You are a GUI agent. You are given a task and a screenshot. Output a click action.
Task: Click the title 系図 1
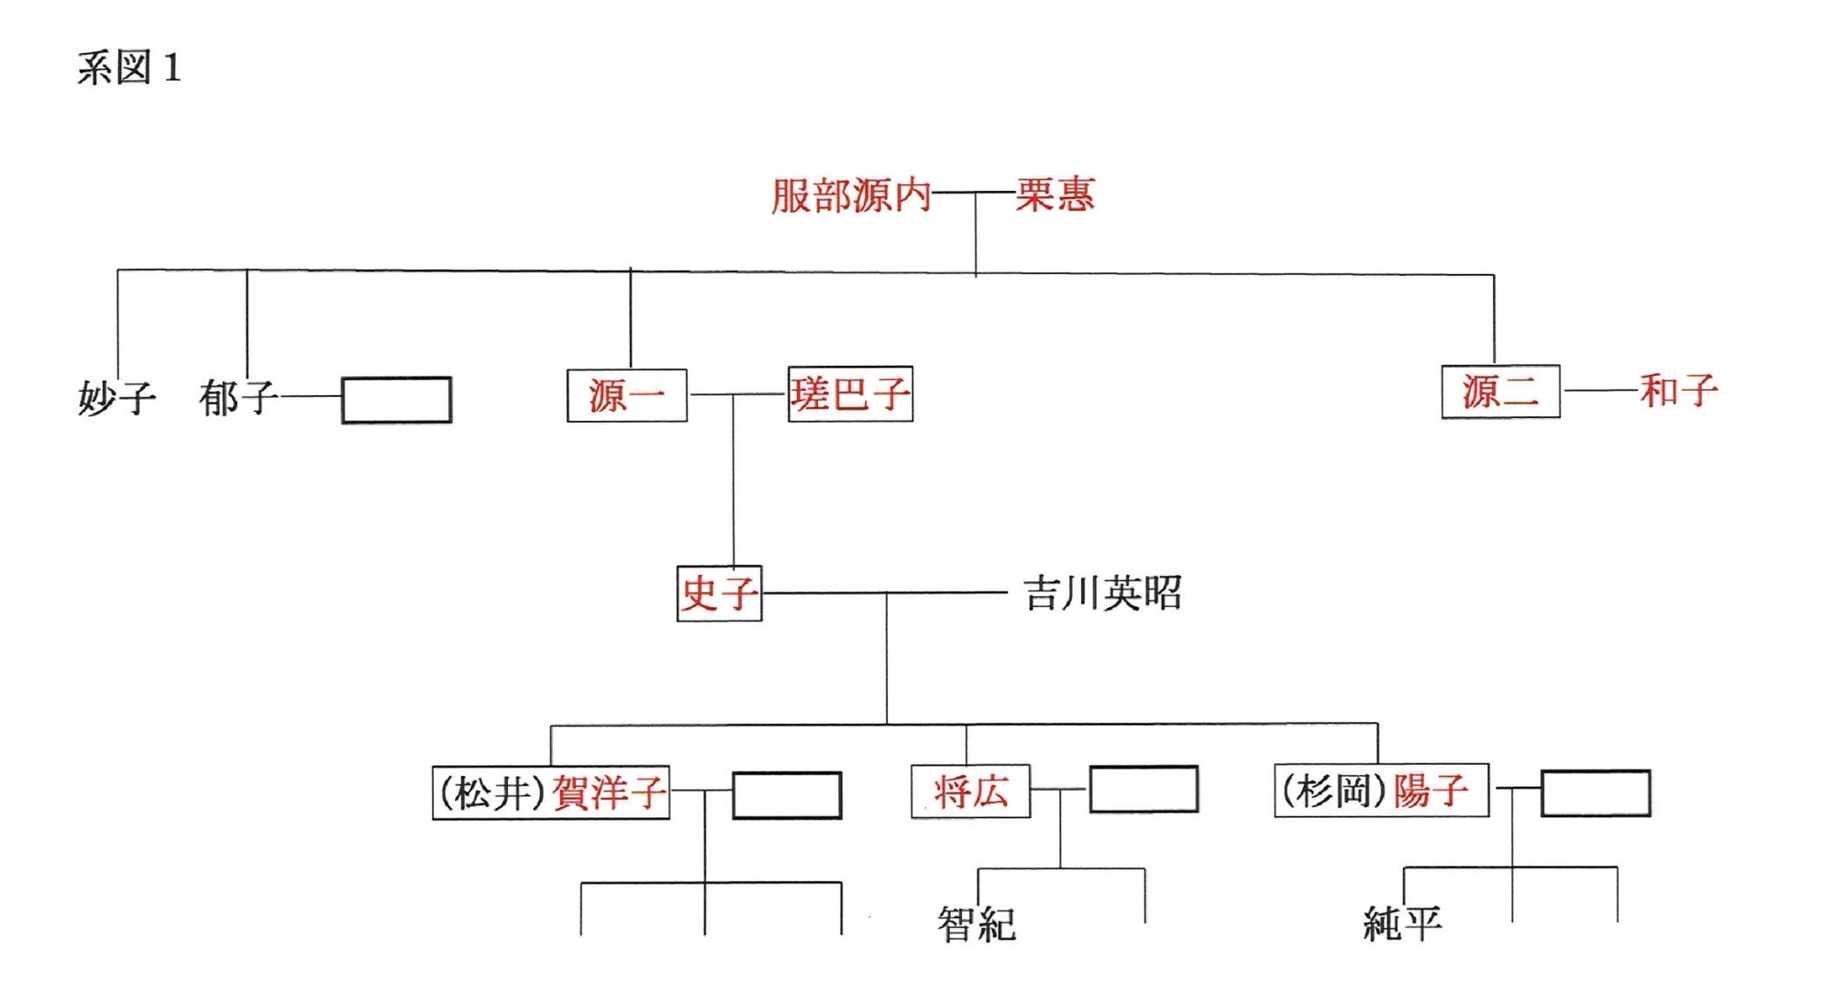[x=129, y=68]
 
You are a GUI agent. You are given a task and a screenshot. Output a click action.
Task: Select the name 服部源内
[x=850, y=195]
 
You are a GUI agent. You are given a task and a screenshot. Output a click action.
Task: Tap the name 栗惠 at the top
[x=1055, y=194]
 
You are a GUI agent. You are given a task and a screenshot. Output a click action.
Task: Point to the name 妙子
[x=116, y=398]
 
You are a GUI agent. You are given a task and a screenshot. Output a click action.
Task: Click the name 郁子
[x=238, y=398]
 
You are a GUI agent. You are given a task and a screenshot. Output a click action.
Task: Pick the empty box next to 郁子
[x=396, y=400]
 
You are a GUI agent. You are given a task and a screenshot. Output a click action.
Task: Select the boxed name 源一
[x=626, y=395]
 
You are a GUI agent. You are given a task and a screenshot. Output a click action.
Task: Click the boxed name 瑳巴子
[x=850, y=394]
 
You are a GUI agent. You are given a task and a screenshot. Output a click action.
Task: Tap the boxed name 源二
[x=1500, y=392]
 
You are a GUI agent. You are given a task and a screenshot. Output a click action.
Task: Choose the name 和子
[x=1678, y=391]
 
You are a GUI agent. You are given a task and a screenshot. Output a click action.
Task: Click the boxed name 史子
[x=719, y=593]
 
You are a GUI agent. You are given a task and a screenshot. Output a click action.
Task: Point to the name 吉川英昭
[x=1102, y=593]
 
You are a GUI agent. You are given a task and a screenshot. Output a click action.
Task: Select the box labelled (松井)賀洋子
[x=551, y=792]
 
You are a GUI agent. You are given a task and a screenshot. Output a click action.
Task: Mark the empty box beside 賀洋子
[x=787, y=795]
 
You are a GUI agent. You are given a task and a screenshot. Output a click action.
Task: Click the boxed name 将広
[x=970, y=791]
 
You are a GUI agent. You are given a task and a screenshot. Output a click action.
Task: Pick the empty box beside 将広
[x=1143, y=790]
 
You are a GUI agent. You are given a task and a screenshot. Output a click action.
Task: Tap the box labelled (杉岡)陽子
[x=1381, y=791]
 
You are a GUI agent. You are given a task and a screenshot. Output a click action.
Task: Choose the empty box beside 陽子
[x=1596, y=793]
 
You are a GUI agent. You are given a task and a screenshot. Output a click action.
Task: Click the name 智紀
[x=976, y=924]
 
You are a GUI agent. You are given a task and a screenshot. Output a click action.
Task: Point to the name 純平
[x=1402, y=924]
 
